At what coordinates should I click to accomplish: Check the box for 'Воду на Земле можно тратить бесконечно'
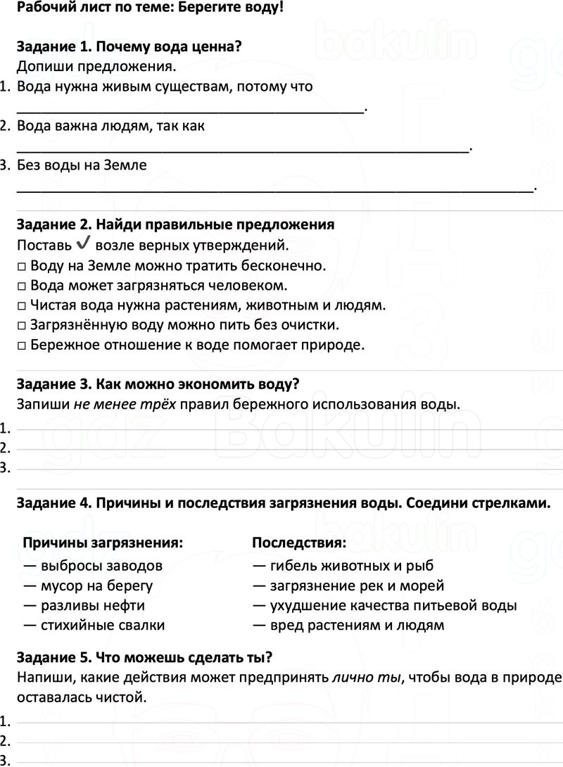click(21, 267)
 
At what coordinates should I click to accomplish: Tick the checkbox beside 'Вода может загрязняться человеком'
click(21, 286)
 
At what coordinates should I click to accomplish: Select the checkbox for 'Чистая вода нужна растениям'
click(21, 306)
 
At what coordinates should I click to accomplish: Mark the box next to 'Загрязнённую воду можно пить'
click(21, 326)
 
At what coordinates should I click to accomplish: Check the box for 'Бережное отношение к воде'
click(21, 346)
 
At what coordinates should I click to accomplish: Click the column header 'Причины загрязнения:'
click(103, 543)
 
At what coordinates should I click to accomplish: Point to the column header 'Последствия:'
click(298, 543)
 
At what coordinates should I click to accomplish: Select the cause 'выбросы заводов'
click(101, 566)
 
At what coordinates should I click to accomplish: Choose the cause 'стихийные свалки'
click(103, 625)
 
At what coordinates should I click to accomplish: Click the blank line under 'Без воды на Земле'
click(274, 189)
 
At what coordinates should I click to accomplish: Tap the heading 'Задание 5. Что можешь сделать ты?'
click(144, 658)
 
